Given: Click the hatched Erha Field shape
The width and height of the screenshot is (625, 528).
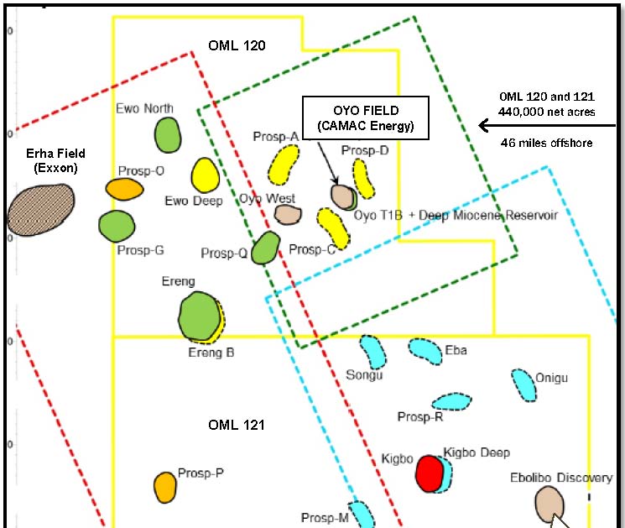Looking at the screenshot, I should (x=39, y=210).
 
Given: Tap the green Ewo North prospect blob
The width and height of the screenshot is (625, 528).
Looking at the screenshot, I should (x=168, y=134).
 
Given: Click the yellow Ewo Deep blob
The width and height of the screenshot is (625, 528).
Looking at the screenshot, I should (x=205, y=175).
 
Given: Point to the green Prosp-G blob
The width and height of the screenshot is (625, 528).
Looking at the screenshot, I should (x=117, y=226).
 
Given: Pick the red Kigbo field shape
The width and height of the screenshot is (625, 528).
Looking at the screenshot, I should (x=430, y=473).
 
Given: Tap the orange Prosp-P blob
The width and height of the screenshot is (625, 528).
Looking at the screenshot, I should (x=164, y=486).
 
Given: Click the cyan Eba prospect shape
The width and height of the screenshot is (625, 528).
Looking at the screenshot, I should (x=425, y=351).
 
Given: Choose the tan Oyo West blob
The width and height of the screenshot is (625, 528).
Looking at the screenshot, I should (x=288, y=214).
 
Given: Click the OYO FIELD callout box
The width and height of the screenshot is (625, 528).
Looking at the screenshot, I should (x=365, y=118).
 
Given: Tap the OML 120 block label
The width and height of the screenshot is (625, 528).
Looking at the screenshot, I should (x=237, y=46).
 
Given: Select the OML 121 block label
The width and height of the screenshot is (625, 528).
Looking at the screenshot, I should (x=237, y=426).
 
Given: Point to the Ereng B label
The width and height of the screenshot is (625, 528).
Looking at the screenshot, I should (x=211, y=353).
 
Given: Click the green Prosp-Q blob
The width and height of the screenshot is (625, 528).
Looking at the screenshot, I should (x=266, y=248).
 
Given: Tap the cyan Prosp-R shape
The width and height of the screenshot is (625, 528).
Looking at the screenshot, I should (x=448, y=401).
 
